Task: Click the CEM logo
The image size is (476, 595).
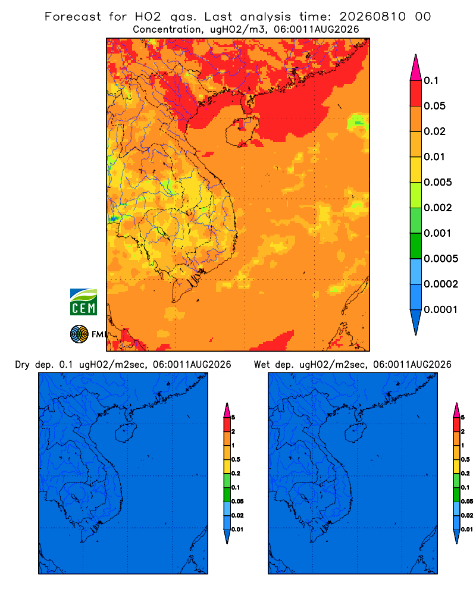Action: click(x=83, y=302)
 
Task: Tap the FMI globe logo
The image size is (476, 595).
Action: click(x=79, y=334)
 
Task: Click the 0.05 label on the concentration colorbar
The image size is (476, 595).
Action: click(x=434, y=106)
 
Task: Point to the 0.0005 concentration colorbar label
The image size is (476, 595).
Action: click(x=441, y=259)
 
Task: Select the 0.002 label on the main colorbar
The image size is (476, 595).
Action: click(x=438, y=208)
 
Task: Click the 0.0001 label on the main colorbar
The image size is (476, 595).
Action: click(x=441, y=309)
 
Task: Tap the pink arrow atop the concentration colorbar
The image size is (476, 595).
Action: click(x=416, y=67)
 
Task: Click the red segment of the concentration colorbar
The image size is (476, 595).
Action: click(x=416, y=93)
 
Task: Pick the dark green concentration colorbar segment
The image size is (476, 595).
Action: click(x=416, y=246)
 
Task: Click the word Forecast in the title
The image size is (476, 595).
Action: click(x=73, y=17)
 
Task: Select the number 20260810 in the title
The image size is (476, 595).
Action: click(x=372, y=17)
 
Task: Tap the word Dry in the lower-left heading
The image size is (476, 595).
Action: click(x=23, y=365)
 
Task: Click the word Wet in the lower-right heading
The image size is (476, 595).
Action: click(x=262, y=365)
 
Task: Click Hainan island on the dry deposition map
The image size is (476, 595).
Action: click(x=126, y=433)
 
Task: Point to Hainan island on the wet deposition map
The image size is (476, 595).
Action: click(x=356, y=433)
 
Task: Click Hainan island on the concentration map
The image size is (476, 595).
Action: click(x=242, y=131)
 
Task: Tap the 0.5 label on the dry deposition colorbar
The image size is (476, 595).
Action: click(x=236, y=459)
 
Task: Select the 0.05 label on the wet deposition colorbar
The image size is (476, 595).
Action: click(x=467, y=502)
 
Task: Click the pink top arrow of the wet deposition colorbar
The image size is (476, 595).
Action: click(x=456, y=410)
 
